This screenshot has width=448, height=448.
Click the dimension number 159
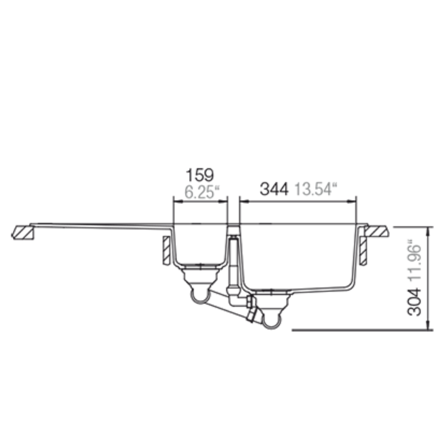200,175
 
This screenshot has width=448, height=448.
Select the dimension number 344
274,189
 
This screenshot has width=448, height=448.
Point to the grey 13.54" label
316,189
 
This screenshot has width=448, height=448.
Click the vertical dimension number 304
414,302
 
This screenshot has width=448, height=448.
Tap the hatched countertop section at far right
377,231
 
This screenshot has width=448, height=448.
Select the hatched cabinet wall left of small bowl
166,250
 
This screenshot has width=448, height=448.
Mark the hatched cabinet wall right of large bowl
363,251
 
